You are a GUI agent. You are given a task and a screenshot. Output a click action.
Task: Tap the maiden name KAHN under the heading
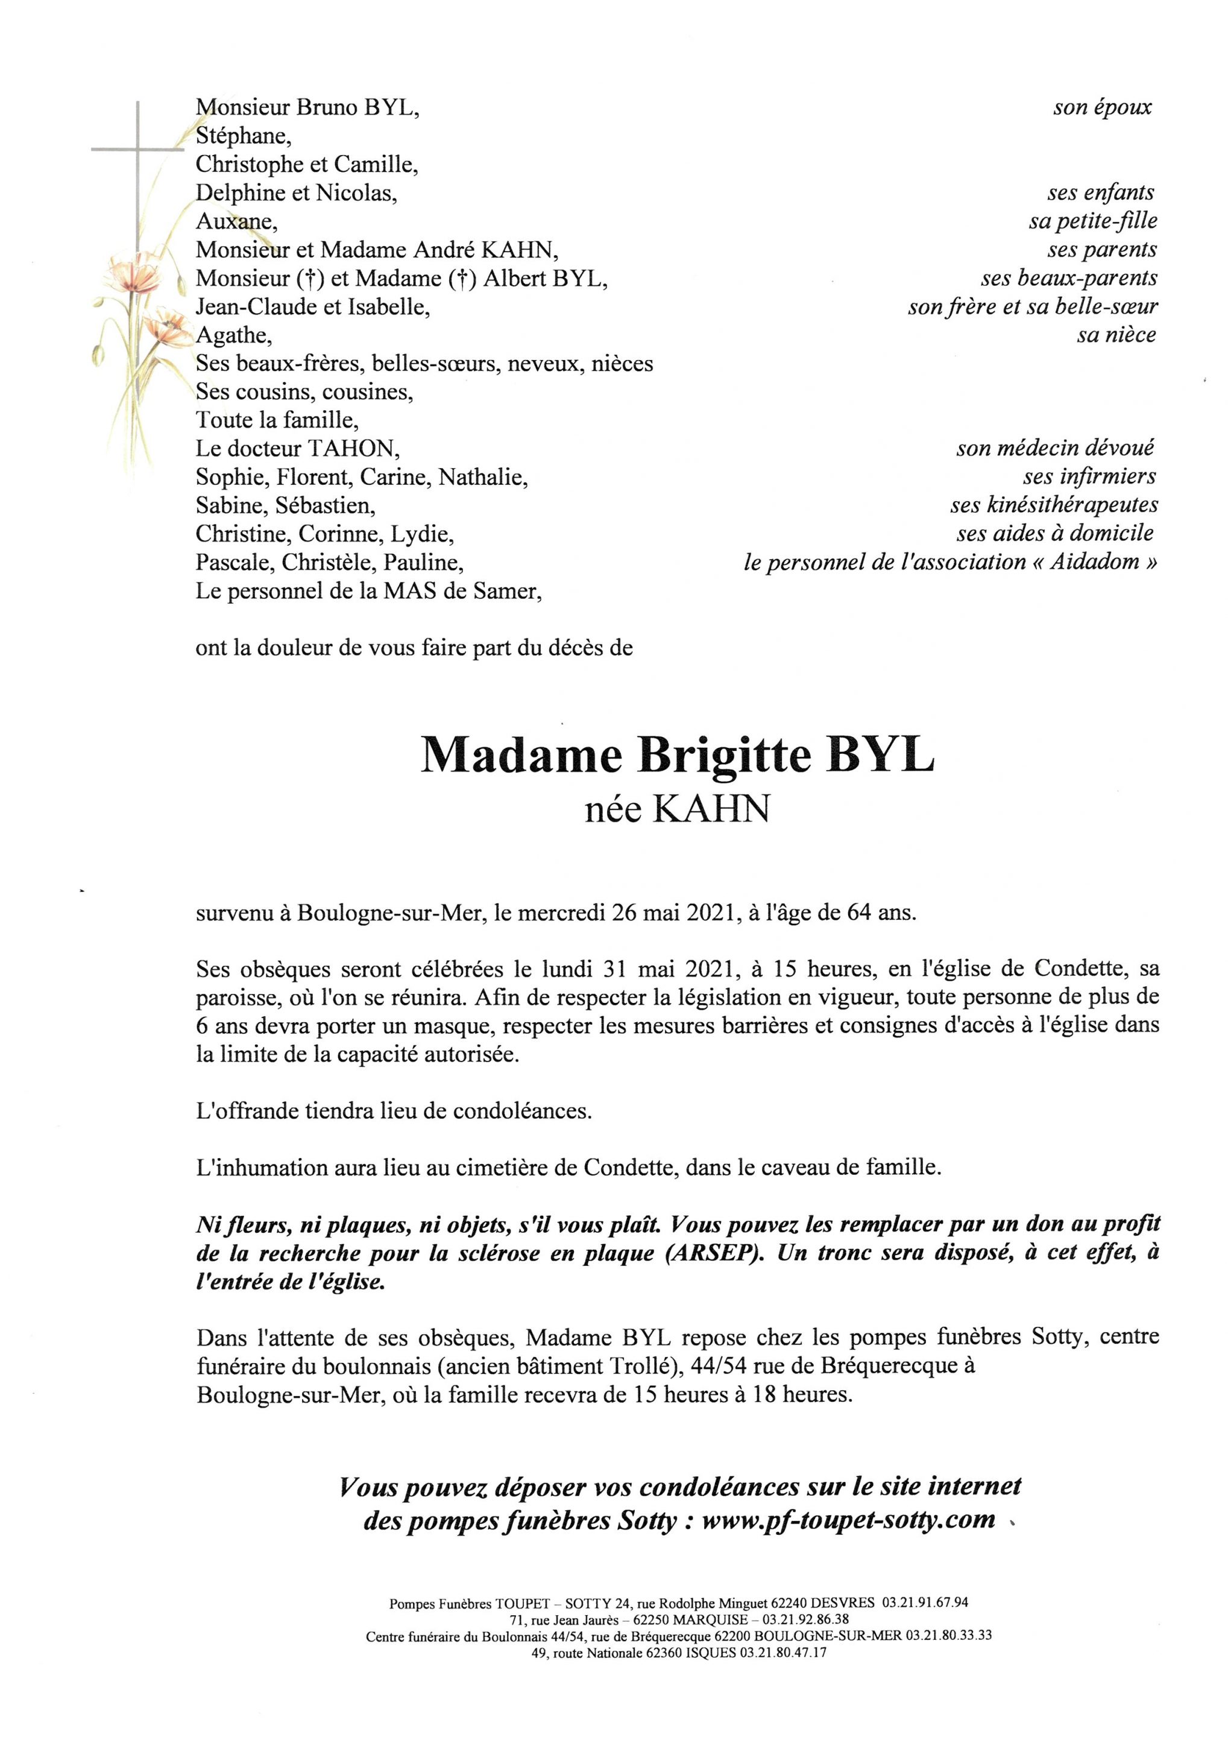tap(711, 809)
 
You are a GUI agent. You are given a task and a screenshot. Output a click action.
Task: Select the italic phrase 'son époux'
tap(1102, 107)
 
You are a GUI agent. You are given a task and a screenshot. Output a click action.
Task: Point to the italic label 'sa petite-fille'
tap(1092, 221)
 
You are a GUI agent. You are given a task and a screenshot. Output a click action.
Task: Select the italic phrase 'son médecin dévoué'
tap(1055, 449)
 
